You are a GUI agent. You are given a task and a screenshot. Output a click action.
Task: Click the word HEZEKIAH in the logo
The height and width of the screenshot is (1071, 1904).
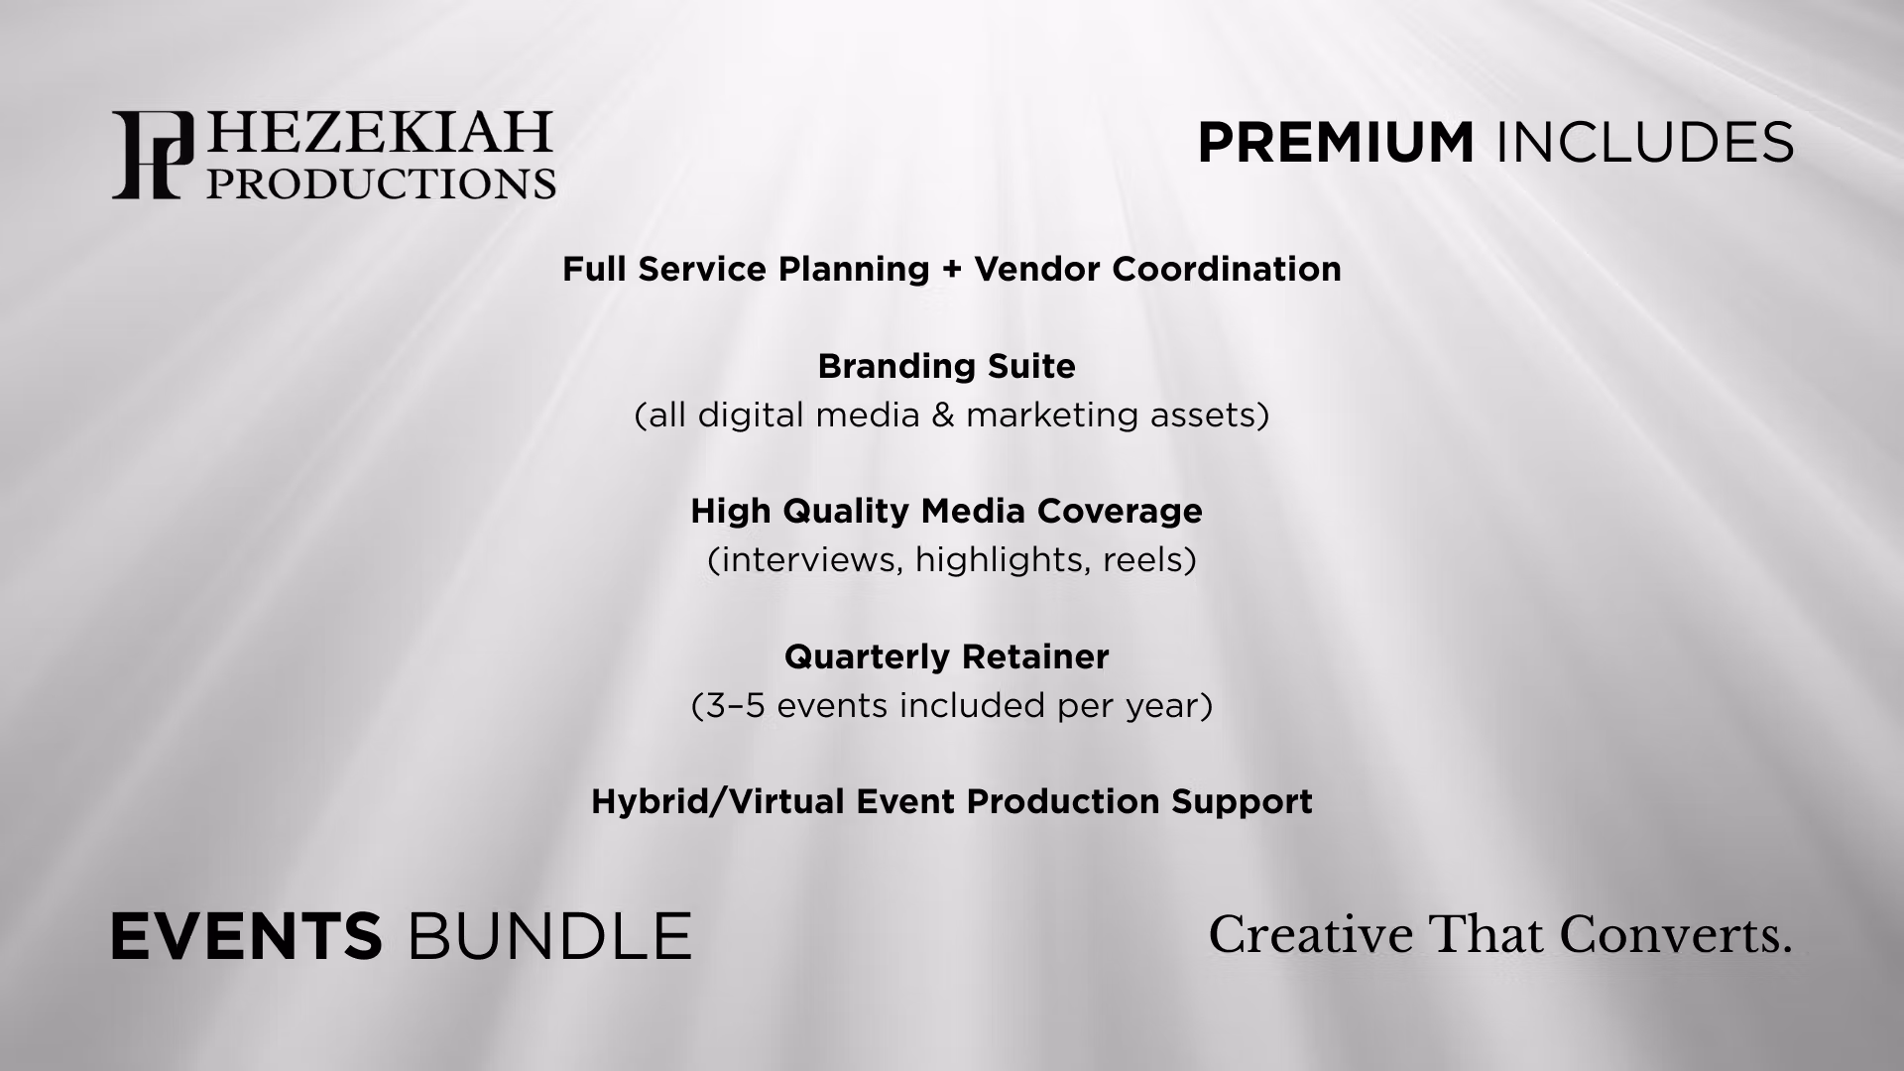point(379,133)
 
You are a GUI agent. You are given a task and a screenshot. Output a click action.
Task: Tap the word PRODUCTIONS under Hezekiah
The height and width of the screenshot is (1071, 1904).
point(381,182)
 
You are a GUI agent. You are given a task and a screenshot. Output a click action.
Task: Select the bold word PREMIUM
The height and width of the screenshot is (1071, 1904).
point(1336,143)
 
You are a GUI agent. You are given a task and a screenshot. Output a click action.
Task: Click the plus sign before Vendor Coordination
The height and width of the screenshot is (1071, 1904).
point(952,270)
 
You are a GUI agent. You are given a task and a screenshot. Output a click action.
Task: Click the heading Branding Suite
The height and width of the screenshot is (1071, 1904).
point(947,367)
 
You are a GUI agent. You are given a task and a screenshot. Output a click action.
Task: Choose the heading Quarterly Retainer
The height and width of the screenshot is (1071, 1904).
point(947,656)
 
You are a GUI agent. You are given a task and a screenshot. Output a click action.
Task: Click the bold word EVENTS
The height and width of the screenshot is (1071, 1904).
point(246,936)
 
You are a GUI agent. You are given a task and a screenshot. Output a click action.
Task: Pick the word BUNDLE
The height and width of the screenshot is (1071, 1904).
point(549,936)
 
